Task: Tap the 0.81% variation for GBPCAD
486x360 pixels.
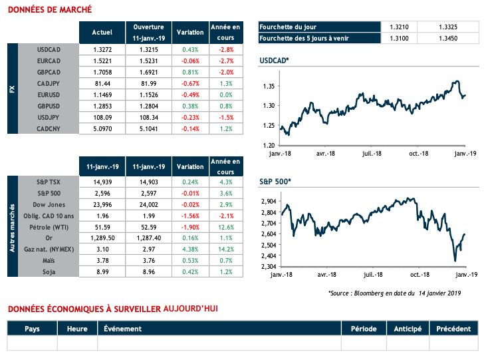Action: (190, 71)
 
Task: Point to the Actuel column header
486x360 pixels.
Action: (102, 31)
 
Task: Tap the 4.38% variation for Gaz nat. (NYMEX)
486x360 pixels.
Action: (190, 249)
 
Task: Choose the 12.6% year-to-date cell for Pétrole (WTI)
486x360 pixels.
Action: (225, 226)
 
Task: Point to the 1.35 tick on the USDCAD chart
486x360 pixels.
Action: (268, 87)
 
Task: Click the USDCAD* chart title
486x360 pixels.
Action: (274, 62)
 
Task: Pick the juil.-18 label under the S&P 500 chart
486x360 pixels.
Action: (371, 274)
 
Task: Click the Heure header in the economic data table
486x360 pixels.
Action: (76, 329)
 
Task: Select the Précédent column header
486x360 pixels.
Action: (454, 329)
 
